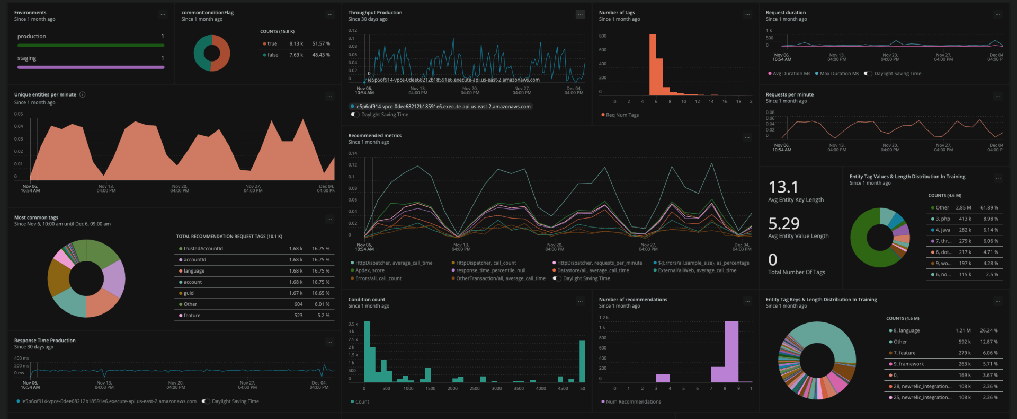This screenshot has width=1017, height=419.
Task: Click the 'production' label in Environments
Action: point(32,37)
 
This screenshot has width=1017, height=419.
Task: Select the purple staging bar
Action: point(91,67)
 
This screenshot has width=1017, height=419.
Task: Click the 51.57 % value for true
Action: point(321,44)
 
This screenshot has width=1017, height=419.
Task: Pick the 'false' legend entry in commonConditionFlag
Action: point(273,55)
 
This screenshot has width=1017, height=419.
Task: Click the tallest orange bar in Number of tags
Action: point(653,64)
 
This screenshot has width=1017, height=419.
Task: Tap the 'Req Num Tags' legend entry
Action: point(622,115)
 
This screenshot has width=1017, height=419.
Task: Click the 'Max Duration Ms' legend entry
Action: point(839,74)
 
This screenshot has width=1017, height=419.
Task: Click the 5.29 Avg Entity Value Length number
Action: point(783,224)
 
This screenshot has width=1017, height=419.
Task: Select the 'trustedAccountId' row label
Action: point(203,249)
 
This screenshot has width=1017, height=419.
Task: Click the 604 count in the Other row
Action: point(298,304)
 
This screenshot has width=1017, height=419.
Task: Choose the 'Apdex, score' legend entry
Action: point(370,270)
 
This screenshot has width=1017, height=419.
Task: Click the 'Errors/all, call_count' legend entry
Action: point(378,278)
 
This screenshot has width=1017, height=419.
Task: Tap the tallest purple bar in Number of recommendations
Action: point(731,350)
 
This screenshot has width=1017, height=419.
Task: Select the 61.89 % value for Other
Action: point(989,208)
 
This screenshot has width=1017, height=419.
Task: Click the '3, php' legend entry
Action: point(942,219)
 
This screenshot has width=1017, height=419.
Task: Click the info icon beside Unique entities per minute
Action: point(82,95)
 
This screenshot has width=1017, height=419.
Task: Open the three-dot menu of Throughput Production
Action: point(581,15)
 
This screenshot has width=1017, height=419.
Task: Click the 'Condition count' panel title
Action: point(367,300)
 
